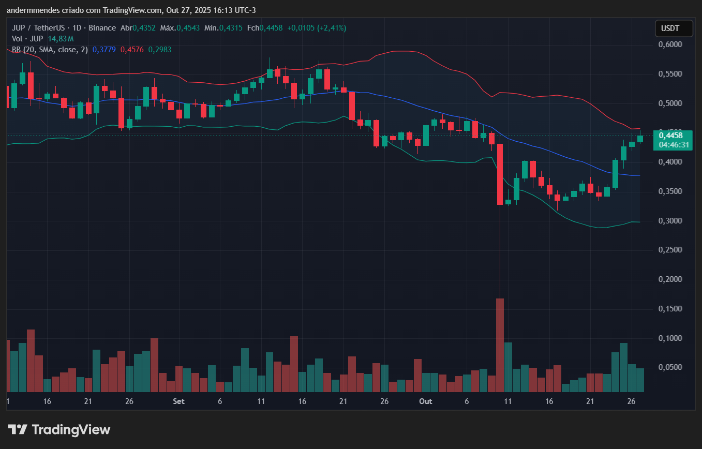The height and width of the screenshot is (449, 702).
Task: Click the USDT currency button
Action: (674, 28)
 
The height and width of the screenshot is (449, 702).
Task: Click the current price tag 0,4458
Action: (671, 136)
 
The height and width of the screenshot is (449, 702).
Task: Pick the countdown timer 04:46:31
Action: (674, 145)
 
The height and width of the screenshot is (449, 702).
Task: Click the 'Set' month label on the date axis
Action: (178, 401)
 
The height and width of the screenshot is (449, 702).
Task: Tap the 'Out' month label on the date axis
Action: (425, 401)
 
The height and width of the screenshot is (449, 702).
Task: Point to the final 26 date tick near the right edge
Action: (631, 401)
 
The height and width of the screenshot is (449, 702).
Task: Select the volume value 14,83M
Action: (61, 39)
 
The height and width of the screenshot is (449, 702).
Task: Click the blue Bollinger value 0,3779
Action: (104, 50)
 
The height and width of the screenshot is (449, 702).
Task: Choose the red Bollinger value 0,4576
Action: (132, 50)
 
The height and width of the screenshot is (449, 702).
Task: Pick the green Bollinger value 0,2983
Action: (160, 50)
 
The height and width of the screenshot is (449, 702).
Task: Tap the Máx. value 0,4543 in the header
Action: (188, 28)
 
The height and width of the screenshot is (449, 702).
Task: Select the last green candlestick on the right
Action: (640, 139)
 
